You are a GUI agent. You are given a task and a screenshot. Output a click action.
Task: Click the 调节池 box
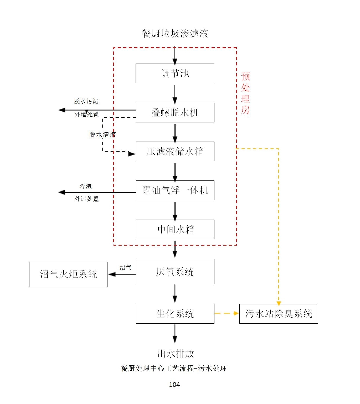pyautogui.click(x=175, y=74)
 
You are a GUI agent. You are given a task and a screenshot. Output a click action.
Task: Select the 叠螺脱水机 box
pyautogui.click(x=175, y=113)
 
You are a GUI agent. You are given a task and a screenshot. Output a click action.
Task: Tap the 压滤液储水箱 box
pyautogui.click(x=175, y=152)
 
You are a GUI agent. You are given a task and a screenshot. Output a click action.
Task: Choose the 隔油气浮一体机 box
pyautogui.click(x=175, y=190)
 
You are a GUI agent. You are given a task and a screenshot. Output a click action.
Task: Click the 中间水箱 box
pyautogui.click(x=175, y=229)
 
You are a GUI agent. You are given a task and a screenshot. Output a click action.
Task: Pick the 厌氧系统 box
pyautogui.click(x=175, y=272)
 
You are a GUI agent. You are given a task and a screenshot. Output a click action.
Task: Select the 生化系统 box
pyautogui.click(x=175, y=314)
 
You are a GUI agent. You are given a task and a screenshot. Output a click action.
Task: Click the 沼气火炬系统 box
pyautogui.click(x=68, y=274)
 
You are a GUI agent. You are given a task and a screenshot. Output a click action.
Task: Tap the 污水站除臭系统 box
pyautogui.click(x=279, y=314)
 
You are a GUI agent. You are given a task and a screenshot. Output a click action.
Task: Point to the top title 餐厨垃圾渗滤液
pyautogui.click(x=175, y=34)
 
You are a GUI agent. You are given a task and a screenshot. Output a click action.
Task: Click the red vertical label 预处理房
pyautogui.click(x=245, y=93)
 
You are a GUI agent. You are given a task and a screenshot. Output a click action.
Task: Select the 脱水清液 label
pyautogui.click(x=102, y=135)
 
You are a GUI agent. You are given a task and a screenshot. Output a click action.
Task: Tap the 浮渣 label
pyautogui.click(x=86, y=187)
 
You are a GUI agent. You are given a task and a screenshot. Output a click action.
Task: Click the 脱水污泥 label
pyautogui.click(x=86, y=101)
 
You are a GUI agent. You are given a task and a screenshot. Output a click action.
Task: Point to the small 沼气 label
pyautogui.click(x=125, y=267)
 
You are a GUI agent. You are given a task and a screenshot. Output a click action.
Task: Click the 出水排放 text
pyautogui.click(x=176, y=354)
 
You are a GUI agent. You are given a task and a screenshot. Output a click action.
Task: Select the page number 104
pyautogui.click(x=174, y=385)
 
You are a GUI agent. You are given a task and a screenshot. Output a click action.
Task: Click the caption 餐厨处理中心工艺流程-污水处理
pyautogui.click(x=173, y=369)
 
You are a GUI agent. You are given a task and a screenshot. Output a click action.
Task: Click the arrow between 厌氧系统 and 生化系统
pyautogui.click(x=175, y=294)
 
